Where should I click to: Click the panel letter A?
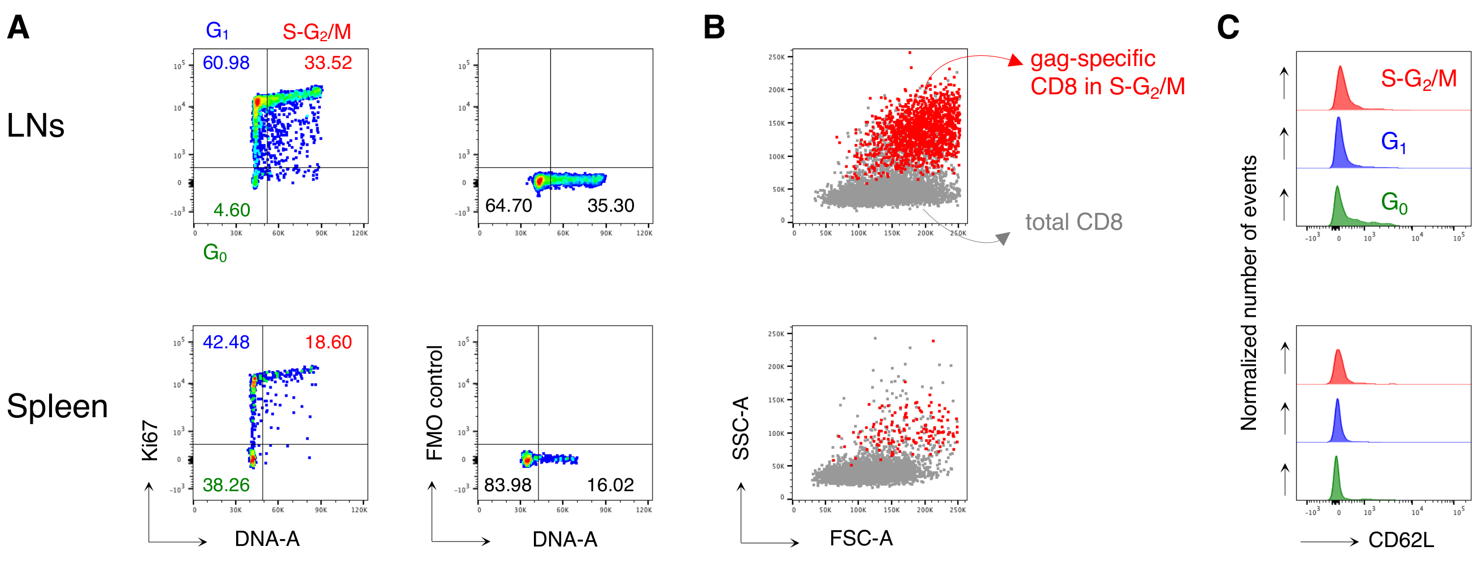click(x=18, y=27)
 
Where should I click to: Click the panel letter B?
click(x=714, y=27)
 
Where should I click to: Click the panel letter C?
click(x=1228, y=27)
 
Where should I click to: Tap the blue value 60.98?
click(x=226, y=63)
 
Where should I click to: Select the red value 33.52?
click(x=328, y=63)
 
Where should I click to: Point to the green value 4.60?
click(x=232, y=210)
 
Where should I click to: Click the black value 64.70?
click(x=508, y=206)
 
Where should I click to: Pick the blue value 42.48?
click(x=226, y=342)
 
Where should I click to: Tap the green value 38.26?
click(x=226, y=484)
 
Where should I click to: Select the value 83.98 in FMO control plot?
click(x=507, y=484)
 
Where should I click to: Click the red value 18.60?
click(x=328, y=342)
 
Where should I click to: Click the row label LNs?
click(x=36, y=125)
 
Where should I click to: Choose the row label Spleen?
click(x=58, y=406)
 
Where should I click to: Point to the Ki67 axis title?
click(x=150, y=440)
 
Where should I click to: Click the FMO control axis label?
click(x=435, y=403)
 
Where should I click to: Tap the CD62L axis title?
click(x=1401, y=540)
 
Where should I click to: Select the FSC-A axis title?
click(x=860, y=538)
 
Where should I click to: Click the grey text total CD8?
click(x=1073, y=222)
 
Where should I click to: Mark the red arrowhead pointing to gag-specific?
click(x=1015, y=60)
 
